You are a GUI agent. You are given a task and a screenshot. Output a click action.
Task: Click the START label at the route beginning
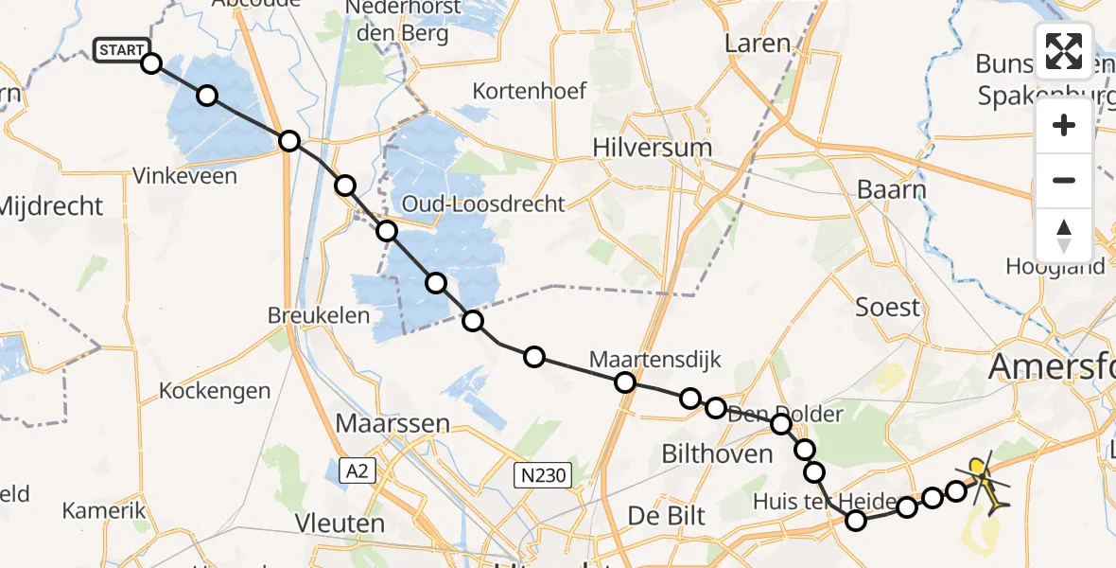coord(121,50)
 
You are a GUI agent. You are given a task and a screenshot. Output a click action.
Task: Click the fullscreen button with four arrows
coord(1064,51)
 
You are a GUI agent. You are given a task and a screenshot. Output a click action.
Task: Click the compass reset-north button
coord(1064,236)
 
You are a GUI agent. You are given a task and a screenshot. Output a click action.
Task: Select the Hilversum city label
coord(652,148)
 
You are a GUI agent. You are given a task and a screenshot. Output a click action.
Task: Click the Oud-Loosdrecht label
coord(483,204)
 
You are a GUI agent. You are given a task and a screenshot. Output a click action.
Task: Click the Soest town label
coord(887,307)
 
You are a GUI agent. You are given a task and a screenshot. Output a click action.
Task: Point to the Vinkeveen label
coord(184,175)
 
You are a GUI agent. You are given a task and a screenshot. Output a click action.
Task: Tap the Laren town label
coord(757,44)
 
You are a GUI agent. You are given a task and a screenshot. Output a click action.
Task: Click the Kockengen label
coord(215,390)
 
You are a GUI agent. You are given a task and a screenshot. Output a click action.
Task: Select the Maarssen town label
coord(396,423)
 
